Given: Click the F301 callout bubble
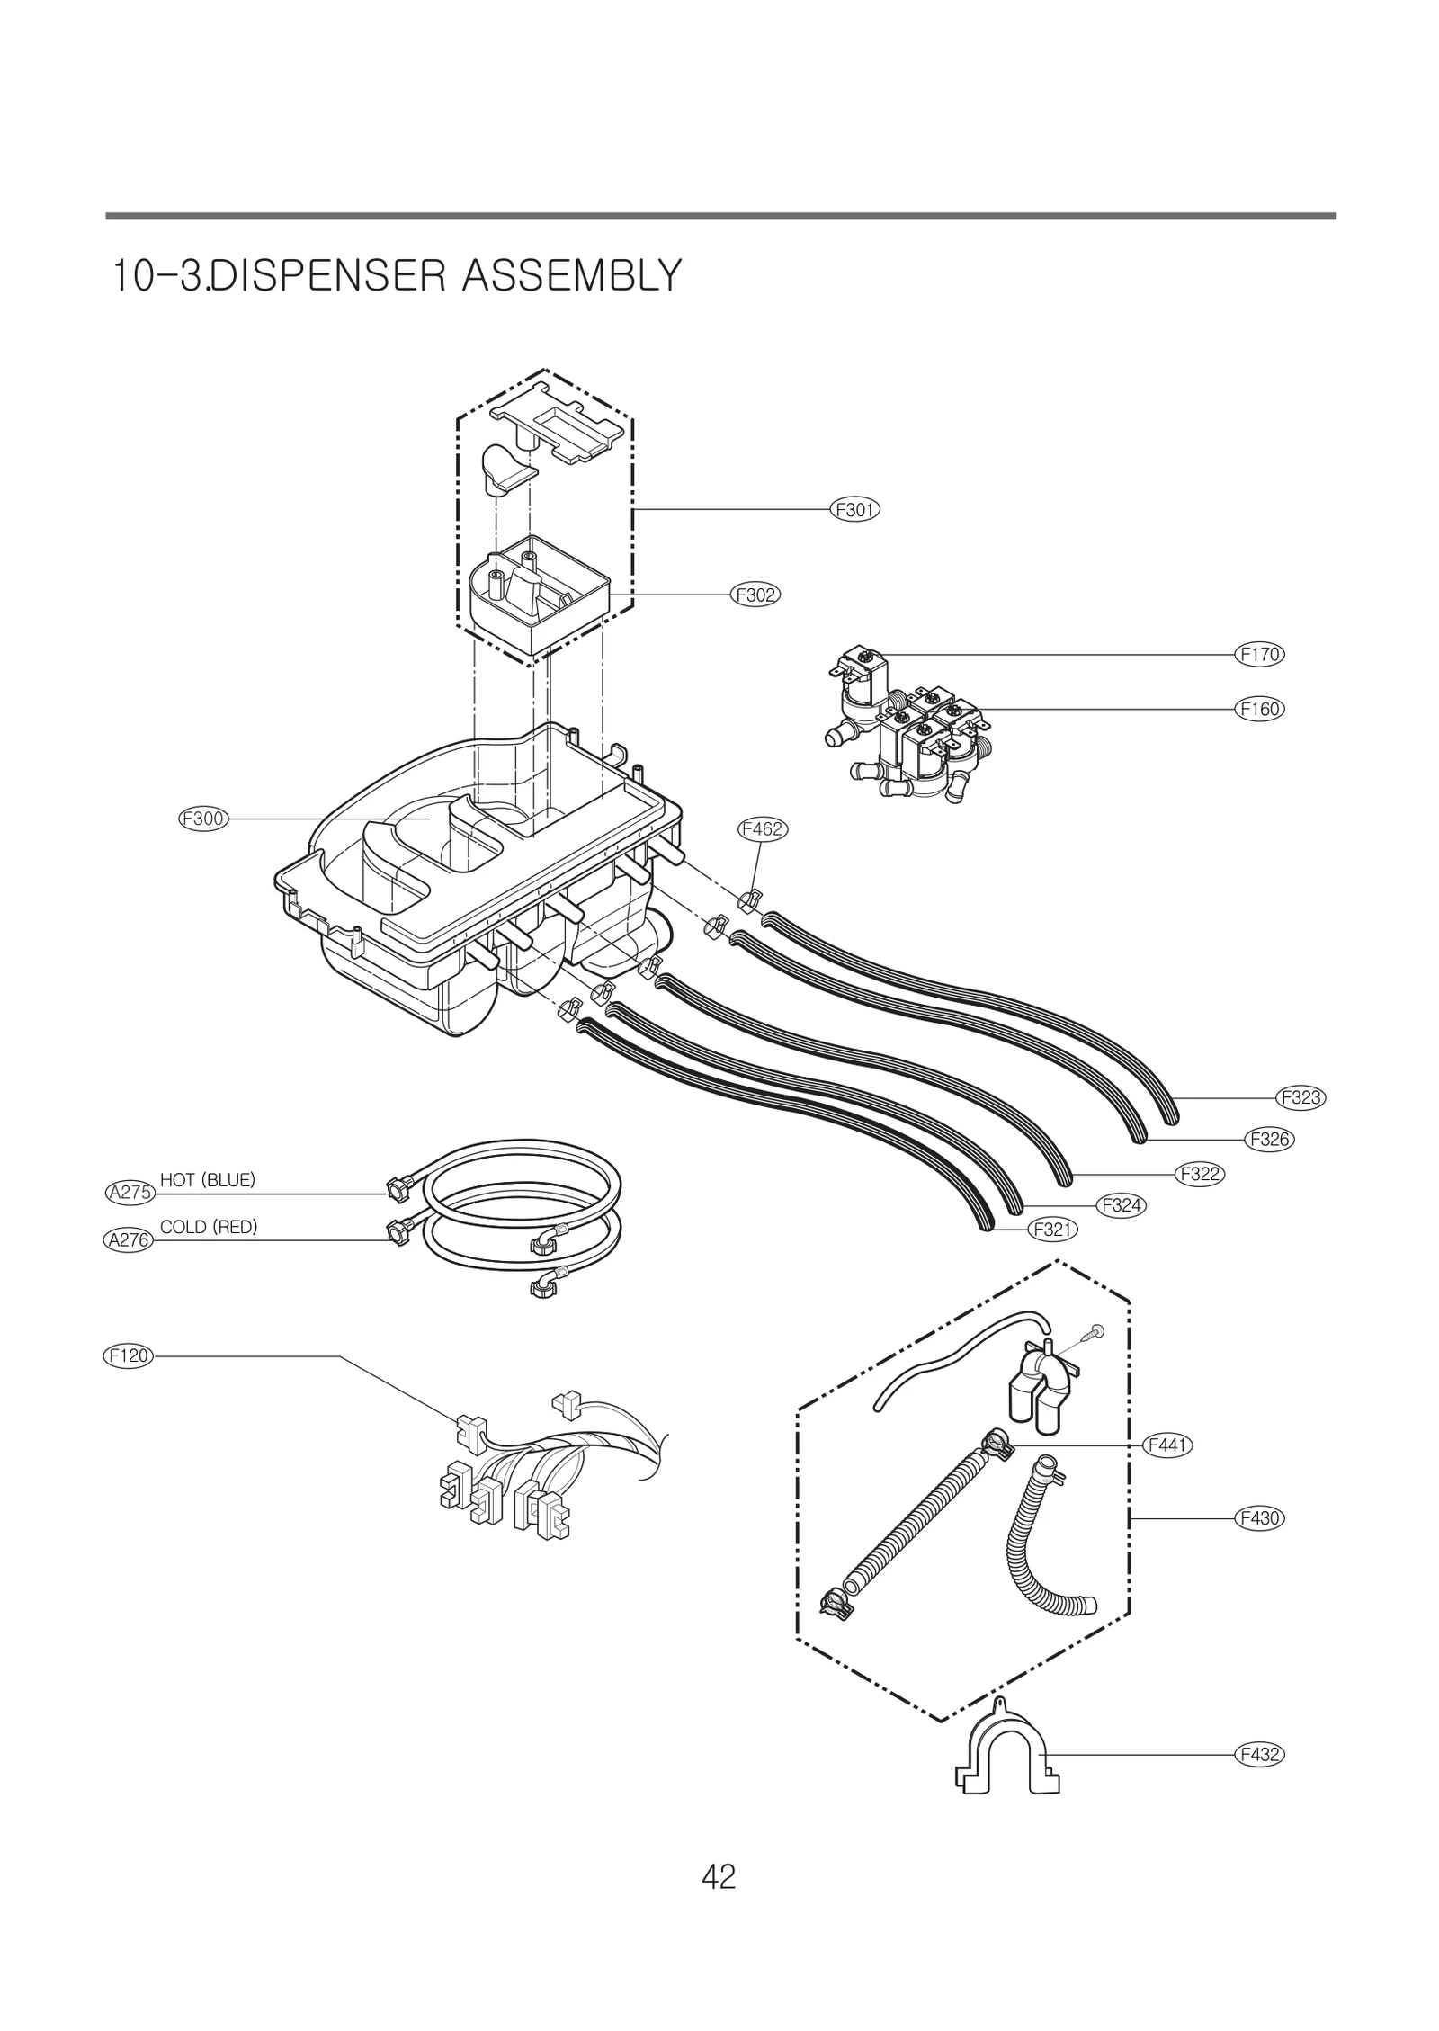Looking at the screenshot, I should (x=854, y=510).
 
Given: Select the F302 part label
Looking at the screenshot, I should (x=755, y=595).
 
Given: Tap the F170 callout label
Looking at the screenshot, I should (x=1258, y=654).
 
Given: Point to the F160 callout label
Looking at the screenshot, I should (x=1258, y=709).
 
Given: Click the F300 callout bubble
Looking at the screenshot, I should (x=202, y=819).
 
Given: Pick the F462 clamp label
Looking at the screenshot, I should (x=762, y=829).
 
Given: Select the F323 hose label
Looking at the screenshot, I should (x=1300, y=1097).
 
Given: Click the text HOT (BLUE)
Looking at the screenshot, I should (x=208, y=1179).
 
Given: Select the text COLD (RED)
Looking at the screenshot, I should (x=209, y=1227).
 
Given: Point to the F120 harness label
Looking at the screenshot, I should (x=127, y=1355).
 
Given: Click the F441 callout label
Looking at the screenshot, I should (x=1166, y=1445).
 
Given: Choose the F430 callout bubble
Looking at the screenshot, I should (x=1258, y=1518).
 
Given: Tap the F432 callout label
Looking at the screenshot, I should (x=1258, y=1754).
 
